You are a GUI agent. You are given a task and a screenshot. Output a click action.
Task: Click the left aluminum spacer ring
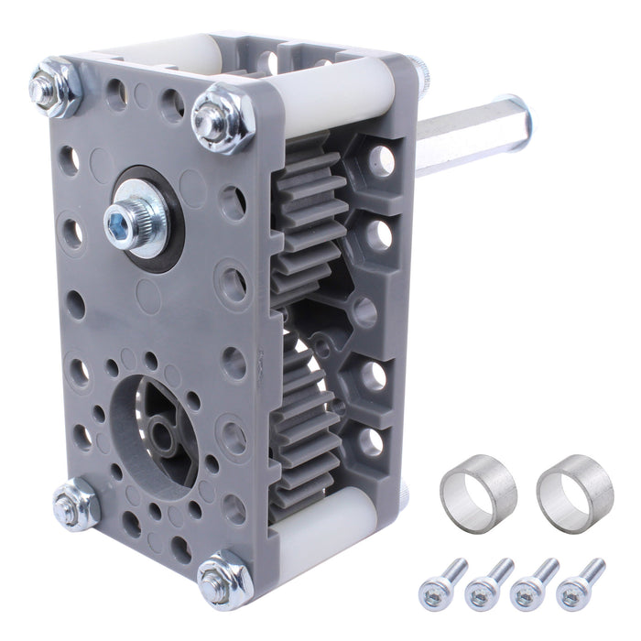click(x=478, y=490)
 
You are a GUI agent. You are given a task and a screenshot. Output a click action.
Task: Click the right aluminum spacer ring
click(x=574, y=494)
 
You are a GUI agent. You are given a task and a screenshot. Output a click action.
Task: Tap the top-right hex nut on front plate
click(x=222, y=117)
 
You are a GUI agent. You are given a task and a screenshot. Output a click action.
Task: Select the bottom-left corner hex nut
click(x=76, y=503)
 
